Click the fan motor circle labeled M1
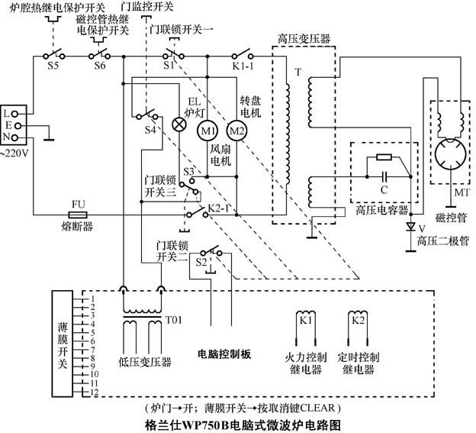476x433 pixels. click(208, 131)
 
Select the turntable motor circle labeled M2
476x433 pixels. click(236, 131)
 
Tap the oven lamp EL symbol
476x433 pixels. click(181, 122)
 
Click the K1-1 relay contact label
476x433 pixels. click(243, 68)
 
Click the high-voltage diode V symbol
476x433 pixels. click(410, 227)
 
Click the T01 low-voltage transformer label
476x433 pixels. click(175, 318)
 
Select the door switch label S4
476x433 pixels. click(150, 131)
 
